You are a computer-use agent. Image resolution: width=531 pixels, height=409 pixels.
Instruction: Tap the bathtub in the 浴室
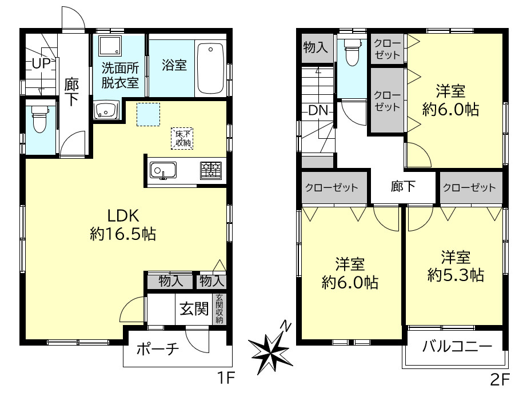point(211,67)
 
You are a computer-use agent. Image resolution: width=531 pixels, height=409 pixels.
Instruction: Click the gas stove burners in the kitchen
point(210,170)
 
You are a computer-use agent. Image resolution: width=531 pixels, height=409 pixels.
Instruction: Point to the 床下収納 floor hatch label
point(183,138)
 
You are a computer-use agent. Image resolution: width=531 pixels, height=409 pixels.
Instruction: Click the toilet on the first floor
point(39,119)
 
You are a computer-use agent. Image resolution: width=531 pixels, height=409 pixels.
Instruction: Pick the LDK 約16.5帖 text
point(122,224)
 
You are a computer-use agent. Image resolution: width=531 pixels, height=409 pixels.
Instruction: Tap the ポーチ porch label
point(158,348)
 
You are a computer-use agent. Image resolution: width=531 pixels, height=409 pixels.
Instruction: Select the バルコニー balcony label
point(457,346)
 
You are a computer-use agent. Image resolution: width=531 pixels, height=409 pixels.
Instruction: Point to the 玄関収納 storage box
point(219,309)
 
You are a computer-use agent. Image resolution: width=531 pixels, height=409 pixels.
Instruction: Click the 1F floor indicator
point(225,378)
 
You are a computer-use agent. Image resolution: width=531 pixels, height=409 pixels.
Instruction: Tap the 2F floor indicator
point(499,378)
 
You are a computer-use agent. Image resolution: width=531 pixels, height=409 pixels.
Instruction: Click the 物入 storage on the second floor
point(316,47)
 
